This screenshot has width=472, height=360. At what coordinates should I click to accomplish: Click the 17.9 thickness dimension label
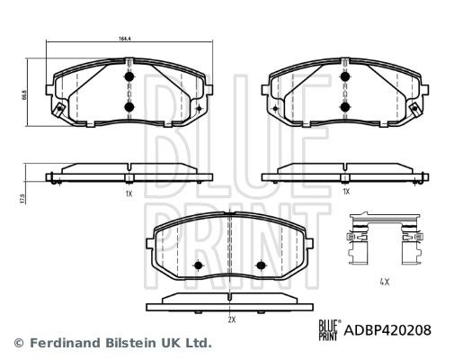[x=22, y=199]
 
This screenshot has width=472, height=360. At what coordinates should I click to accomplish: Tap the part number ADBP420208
[x=387, y=330]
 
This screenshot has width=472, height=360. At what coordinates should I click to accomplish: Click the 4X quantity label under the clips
[x=385, y=282]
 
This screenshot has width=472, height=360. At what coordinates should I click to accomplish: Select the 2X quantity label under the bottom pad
[x=231, y=319]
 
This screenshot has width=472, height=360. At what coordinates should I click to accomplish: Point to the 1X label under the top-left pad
[x=129, y=193]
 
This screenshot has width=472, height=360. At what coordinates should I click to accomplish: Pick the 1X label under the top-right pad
[x=346, y=191]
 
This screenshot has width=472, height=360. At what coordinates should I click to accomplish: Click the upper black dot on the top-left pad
[x=129, y=76]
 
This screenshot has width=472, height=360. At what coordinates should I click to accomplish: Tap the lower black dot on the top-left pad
[x=129, y=106]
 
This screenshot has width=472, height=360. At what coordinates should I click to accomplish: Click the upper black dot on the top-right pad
[x=345, y=76]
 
